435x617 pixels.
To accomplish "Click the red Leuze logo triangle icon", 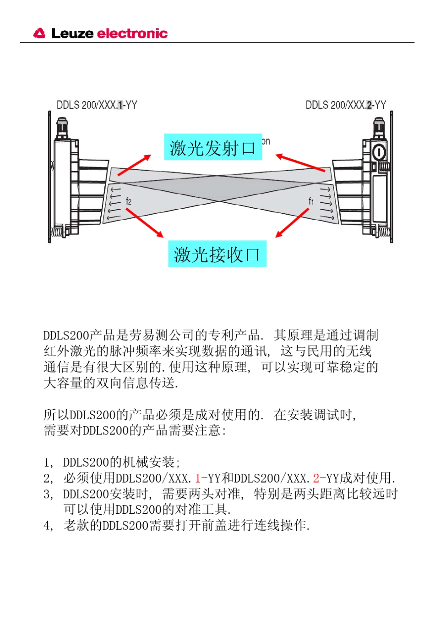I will point(39,33).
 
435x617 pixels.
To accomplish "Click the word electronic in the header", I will point(132,33).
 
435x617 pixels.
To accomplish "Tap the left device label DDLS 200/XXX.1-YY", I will point(97,105).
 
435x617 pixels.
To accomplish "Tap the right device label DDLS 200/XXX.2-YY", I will point(346,105).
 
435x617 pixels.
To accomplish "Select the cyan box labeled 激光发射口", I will point(213,147).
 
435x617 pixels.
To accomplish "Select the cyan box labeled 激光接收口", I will point(217,254).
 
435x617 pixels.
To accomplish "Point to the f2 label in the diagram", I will point(128,201).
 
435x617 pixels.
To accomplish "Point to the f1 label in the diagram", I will point(311,201).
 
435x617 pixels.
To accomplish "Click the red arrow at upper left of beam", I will point(134,166).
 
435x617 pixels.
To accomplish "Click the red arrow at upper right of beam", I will point(300,163).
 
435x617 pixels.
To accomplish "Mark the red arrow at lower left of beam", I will point(144,223).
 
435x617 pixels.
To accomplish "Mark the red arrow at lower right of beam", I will point(292,223).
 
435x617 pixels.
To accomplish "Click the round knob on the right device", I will point(379,151).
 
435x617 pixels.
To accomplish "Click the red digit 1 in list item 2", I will point(198,478).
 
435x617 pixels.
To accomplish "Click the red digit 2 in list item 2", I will point(316,478).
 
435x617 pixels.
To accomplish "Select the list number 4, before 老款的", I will point(48,526).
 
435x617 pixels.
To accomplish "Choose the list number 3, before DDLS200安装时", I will point(48,495).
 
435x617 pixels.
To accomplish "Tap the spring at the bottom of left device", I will point(56,232).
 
